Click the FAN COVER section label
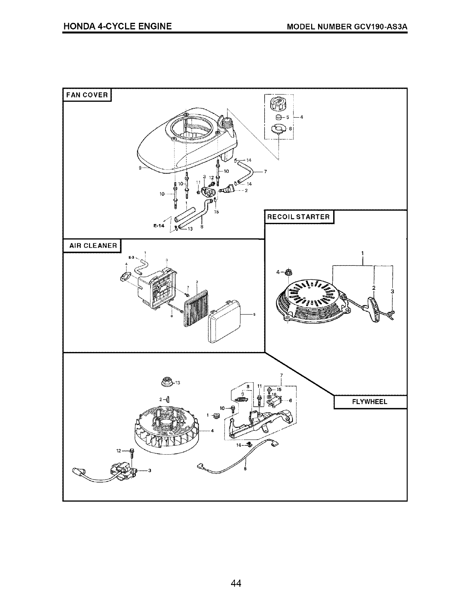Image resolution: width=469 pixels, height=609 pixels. point(87,94)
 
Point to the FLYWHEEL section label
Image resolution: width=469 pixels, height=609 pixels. point(370,402)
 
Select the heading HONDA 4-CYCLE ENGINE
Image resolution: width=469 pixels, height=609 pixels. point(118,26)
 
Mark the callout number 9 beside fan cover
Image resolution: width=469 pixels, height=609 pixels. point(140,168)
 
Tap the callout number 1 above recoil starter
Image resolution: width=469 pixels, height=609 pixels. point(363,253)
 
